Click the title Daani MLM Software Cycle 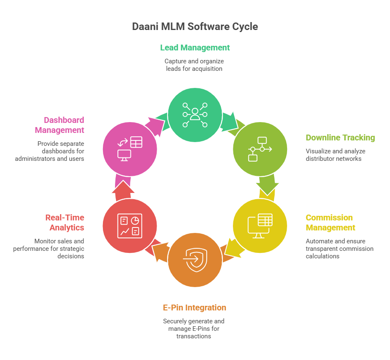(195, 27)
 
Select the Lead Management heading (195, 47)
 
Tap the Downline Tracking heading (340, 137)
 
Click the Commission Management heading (330, 222)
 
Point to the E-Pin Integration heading (195, 307)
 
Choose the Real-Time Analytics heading (65, 222)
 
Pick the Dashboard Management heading (60, 125)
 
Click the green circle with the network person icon (195, 114)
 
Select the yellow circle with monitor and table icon (260, 226)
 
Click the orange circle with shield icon (195, 261)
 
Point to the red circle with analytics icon (130, 226)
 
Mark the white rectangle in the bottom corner (348, 342)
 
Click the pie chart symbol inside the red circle (135, 220)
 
